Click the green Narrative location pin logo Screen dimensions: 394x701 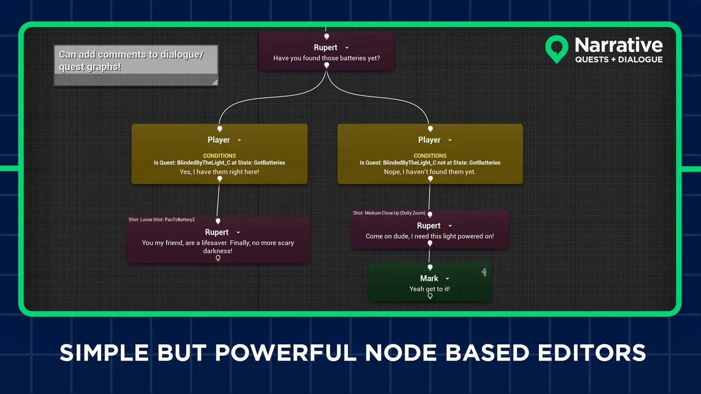557,48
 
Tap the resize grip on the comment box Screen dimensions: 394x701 214,82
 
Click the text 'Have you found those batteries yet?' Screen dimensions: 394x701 326,58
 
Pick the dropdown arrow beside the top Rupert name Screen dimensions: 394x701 347,48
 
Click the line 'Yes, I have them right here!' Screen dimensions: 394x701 219,172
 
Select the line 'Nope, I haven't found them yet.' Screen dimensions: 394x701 430,172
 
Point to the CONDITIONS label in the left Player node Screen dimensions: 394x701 219,156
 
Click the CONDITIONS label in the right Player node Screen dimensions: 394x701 430,156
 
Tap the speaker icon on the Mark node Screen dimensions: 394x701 484,272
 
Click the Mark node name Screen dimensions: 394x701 429,279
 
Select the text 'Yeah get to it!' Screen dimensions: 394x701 430,289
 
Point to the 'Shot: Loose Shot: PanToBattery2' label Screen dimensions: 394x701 162,220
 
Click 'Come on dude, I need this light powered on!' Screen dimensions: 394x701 430,236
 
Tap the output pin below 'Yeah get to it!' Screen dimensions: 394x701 430,296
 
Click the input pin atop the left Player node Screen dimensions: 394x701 220,129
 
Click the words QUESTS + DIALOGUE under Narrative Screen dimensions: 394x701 619,60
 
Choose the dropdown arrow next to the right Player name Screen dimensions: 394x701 450,141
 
